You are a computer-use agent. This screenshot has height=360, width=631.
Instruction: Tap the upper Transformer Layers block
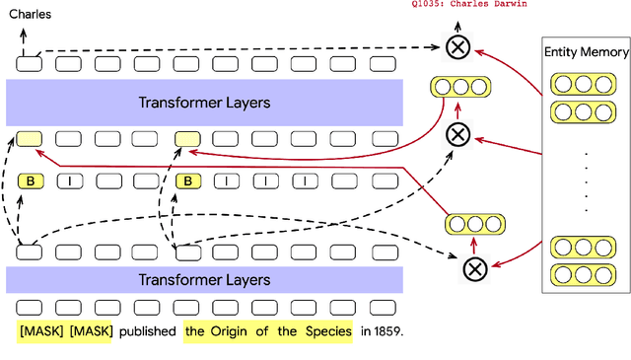click(204, 102)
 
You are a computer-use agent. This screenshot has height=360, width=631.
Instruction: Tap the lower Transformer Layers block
click(204, 280)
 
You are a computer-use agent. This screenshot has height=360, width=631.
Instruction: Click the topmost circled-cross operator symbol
click(457, 46)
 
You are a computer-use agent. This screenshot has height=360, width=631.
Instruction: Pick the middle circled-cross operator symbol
click(457, 135)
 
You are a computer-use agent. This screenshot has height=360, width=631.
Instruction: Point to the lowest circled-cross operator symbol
click(475, 266)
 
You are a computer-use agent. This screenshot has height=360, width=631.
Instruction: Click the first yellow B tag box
click(30, 180)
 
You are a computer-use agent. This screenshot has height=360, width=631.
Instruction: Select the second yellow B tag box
click(187, 180)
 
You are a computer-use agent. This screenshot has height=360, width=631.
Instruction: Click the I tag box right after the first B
click(69, 180)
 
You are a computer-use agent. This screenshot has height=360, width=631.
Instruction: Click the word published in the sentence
click(148, 331)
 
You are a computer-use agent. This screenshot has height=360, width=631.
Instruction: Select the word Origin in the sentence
click(228, 331)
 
